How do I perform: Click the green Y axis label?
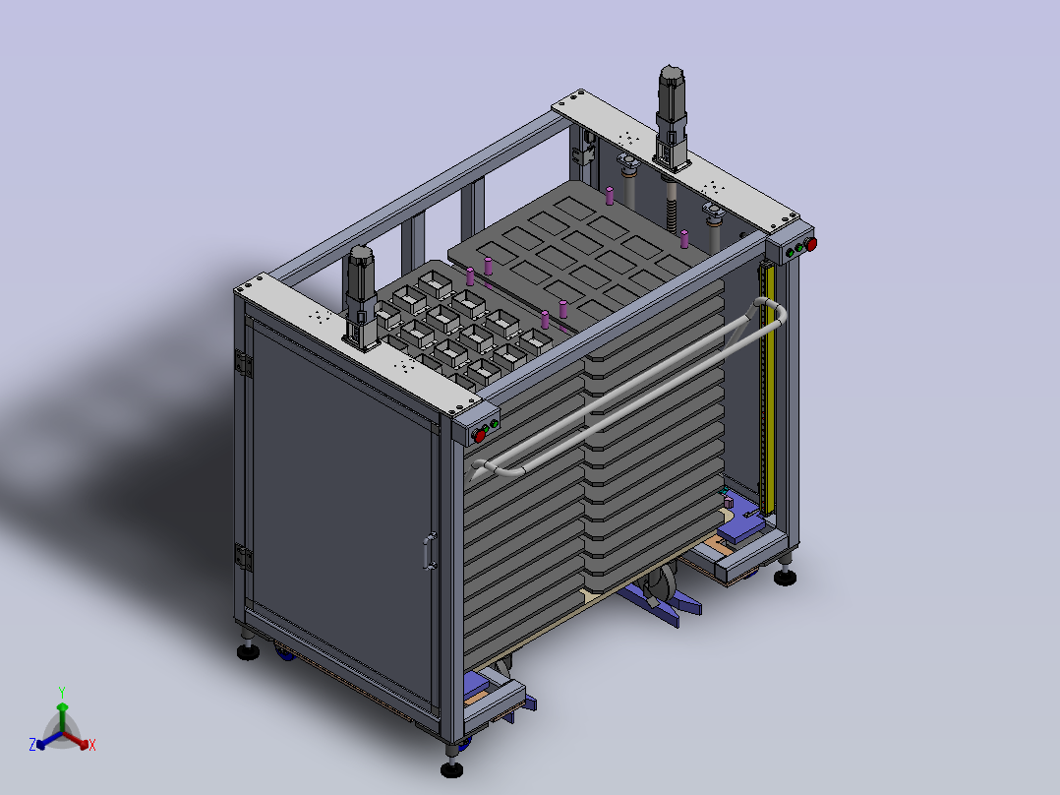(62, 693)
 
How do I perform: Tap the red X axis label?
(92, 745)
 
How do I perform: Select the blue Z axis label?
(32, 745)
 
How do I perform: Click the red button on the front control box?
(480, 436)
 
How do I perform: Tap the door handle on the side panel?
(430, 551)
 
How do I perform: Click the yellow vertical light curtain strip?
(767, 388)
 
